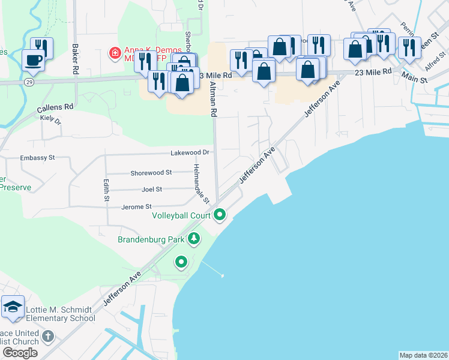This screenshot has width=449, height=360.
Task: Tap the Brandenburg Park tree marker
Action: (194, 239)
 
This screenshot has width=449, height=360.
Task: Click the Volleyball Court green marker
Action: (220, 214)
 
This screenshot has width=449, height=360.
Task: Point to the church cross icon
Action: (49, 336)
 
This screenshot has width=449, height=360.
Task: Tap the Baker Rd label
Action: (76, 59)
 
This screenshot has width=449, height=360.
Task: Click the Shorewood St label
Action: (151, 172)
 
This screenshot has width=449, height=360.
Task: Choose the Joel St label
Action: (152, 189)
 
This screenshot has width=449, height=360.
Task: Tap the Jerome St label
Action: (137, 206)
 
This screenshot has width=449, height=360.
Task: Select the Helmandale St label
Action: (201, 182)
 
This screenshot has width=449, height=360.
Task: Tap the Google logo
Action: (20, 353)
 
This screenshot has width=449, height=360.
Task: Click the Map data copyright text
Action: (423, 355)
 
